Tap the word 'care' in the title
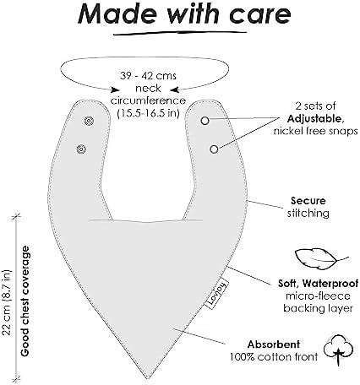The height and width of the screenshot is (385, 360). [x=259, y=15]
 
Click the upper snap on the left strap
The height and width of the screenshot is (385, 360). [x=89, y=121]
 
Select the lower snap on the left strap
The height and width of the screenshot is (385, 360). [x=81, y=149]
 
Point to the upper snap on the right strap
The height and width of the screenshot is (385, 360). [x=205, y=121]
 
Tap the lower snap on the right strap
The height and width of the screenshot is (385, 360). [x=214, y=149]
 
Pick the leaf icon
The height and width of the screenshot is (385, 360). [x=321, y=258]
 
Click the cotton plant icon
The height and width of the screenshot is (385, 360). [x=338, y=349]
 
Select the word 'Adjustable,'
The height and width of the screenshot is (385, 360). [x=315, y=119]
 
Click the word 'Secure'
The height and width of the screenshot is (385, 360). [x=308, y=201]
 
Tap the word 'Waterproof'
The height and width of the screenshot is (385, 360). [x=330, y=283]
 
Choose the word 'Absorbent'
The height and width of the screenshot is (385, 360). [x=274, y=344]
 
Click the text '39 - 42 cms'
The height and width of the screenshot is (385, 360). [x=148, y=76]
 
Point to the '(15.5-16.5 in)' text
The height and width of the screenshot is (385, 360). [x=148, y=113]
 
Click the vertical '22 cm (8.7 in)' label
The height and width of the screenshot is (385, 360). [x=6, y=302]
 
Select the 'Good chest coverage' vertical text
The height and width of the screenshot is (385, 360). [x=25, y=301]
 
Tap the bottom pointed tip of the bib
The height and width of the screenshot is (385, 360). [x=148, y=378]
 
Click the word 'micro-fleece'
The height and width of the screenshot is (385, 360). [x=318, y=296]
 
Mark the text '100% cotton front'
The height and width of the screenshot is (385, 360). [x=274, y=357]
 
